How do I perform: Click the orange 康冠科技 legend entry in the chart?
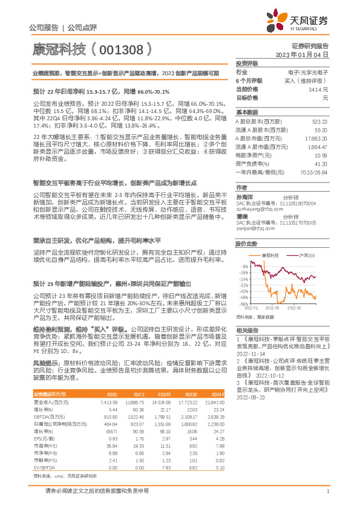tap(269, 256)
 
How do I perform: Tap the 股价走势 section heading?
tap(247, 244)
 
